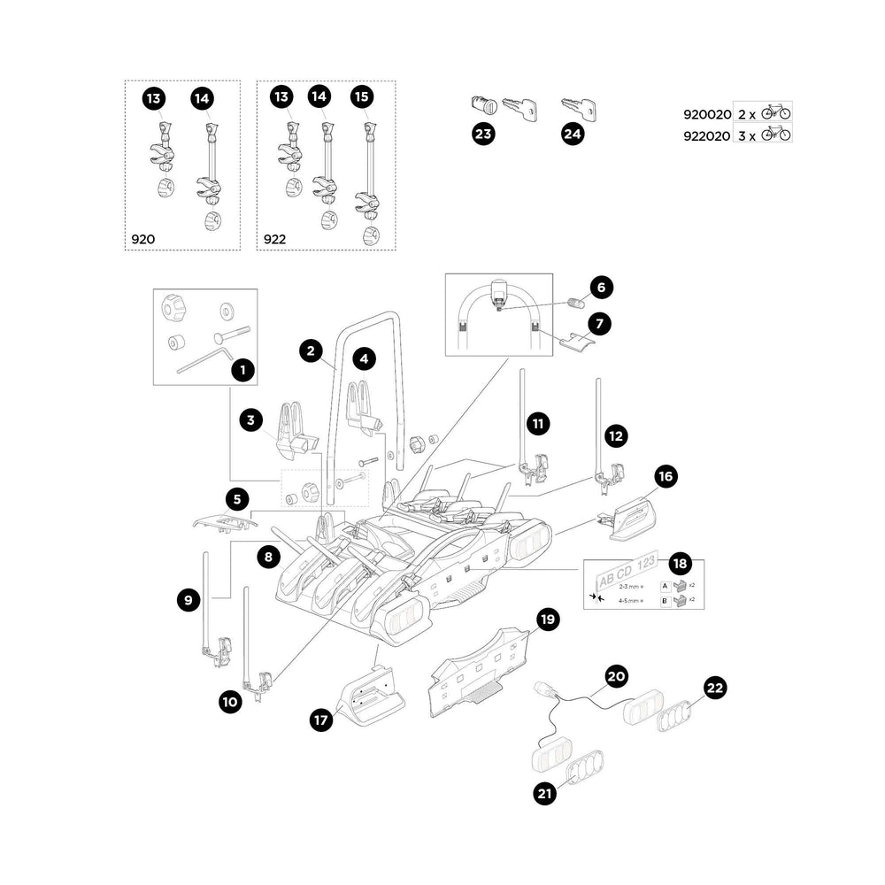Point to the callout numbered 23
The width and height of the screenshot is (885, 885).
[483, 135]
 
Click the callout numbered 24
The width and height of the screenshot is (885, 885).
[573, 135]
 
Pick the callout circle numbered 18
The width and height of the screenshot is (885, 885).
[679, 564]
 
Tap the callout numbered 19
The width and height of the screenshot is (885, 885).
[548, 619]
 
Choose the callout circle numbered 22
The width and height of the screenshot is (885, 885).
[714, 688]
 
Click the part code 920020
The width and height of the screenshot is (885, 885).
[706, 114]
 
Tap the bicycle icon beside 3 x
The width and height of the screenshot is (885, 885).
[776, 135]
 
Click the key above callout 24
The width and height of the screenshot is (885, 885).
[578, 108]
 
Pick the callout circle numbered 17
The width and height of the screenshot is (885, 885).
[320, 720]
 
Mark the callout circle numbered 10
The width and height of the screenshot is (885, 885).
[229, 702]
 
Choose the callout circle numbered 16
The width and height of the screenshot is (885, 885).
[666, 477]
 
